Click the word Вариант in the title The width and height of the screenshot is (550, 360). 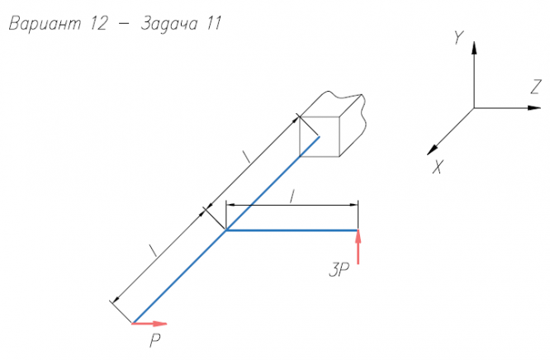45,24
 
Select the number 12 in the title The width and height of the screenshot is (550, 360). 98,24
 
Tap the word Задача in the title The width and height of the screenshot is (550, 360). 169,24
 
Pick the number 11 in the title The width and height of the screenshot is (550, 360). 214,24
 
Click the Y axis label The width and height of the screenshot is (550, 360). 458,37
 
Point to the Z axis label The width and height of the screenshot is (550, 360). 536,87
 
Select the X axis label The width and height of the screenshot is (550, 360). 438,167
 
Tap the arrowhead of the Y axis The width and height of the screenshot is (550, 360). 474,48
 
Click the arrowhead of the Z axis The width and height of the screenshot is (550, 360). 534,107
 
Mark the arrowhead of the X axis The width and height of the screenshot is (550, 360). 432,149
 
